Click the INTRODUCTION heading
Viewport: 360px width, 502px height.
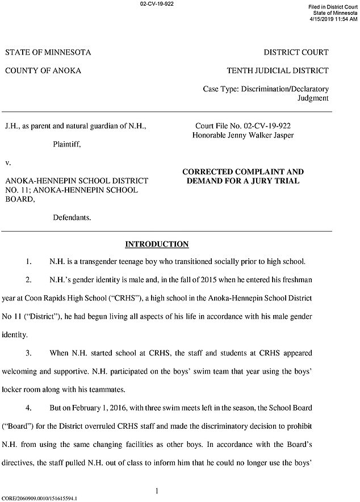(156, 245)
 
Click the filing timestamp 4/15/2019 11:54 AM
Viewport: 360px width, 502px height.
(333, 19)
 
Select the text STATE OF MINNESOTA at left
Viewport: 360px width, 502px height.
(48, 53)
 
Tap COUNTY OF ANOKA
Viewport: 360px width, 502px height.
(43, 71)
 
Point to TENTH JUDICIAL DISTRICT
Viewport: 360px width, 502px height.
(277, 71)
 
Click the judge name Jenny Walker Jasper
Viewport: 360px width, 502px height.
(270, 136)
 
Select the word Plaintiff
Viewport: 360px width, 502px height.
(67, 145)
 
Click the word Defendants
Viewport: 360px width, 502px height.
(72, 217)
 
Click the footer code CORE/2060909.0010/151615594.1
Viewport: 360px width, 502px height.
(40, 498)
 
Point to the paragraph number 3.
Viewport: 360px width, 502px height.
(28, 353)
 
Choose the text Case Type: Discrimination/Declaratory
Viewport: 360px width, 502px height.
(265, 89)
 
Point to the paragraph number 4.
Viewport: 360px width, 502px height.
(28, 408)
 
